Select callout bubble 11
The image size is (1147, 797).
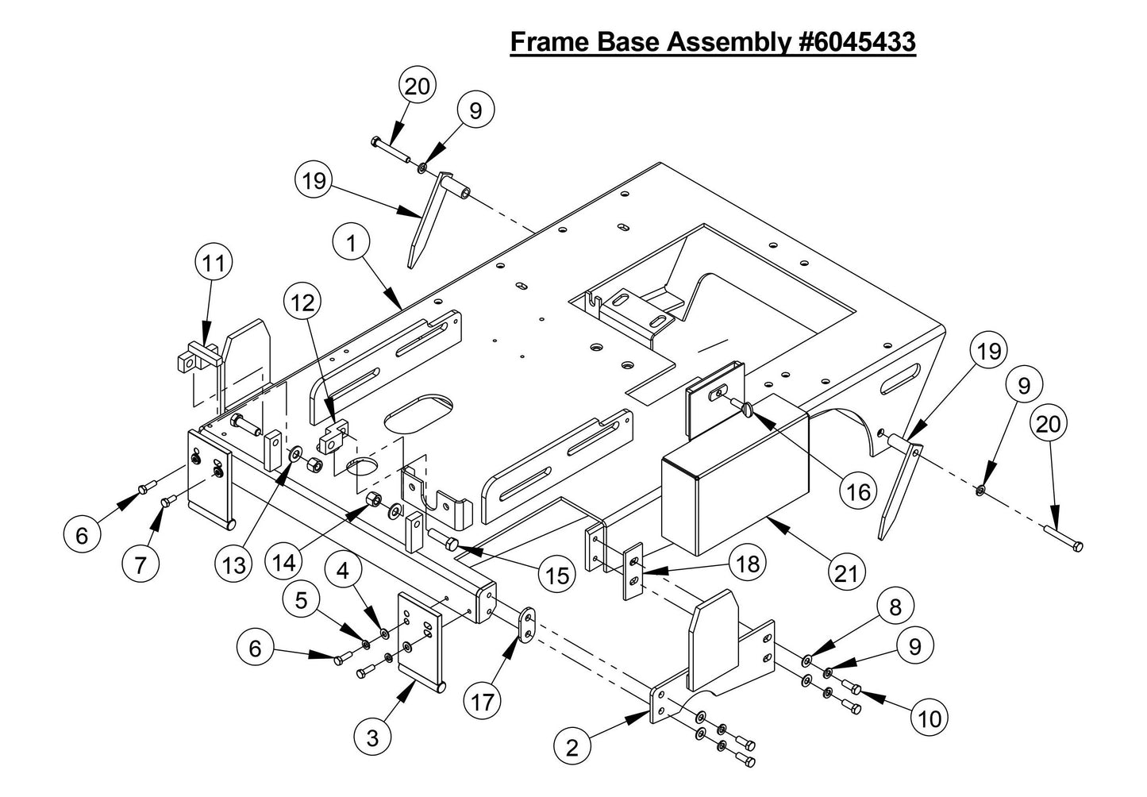click(214, 264)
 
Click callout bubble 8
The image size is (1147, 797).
click(895, 607)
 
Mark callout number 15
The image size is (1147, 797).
click(558, 575)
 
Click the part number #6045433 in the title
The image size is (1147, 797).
click(856, 41)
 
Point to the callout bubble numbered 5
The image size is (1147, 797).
click(301, 602)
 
